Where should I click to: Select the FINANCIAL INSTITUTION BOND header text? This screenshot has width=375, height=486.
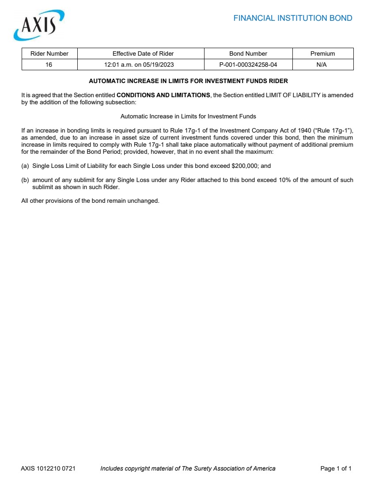click(x=292, y=18)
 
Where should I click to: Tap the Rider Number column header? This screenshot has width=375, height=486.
click(x=49, y=53)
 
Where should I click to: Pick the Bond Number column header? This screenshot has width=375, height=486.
click(x=248, y=53)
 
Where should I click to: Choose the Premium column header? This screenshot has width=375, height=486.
click(x=322, y=53)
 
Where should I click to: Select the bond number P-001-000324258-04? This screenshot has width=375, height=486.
click(x=248, y=65)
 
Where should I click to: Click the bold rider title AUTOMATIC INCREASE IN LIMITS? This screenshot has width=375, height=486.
click(x=188, y=81)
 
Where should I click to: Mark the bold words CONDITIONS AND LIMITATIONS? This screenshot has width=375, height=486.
click(x=163, y=95)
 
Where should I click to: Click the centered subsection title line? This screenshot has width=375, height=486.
click(x=188, y=117)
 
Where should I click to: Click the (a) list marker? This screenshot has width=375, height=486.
click(x=25, y=166)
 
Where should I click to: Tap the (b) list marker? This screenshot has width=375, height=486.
click(x=25, y=180)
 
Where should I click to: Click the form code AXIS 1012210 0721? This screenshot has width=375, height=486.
click(x=48, y=468)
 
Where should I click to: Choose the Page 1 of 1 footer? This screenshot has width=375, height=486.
click(x=336, y=468)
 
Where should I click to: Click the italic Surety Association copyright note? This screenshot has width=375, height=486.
click(x=188, y=468)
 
